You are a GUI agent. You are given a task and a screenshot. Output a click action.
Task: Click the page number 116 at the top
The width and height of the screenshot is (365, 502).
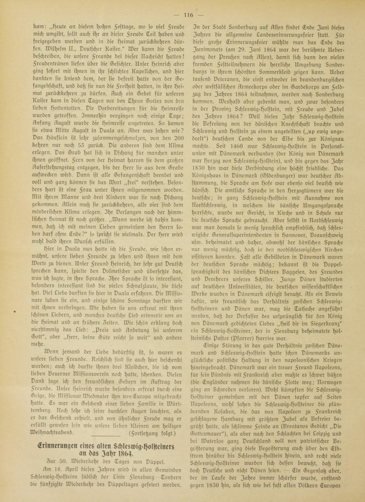click(189, 15)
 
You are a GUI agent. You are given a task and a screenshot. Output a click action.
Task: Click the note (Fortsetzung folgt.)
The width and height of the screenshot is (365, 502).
click(153, 434)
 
